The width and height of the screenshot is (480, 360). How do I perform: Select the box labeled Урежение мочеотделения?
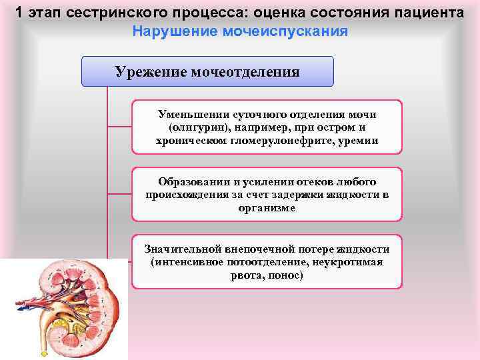[207, 71]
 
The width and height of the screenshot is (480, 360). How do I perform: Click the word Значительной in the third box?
[182, 249]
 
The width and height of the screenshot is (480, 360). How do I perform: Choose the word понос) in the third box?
[286, 275]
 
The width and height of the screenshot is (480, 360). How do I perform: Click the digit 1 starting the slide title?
[20, 13]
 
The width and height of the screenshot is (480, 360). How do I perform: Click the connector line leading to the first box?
[119, 126]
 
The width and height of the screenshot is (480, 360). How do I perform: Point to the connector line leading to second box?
[119, 193]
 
